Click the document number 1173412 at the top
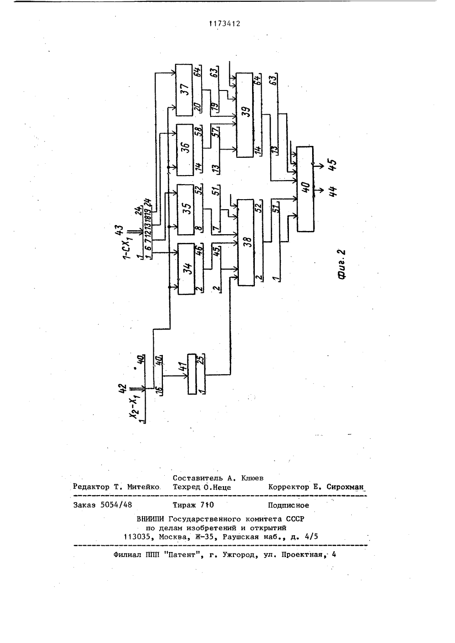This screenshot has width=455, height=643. [225, 24]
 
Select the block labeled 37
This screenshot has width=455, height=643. [184, 90]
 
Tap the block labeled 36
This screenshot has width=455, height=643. [184, 150]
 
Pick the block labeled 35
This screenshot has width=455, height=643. [186, 210]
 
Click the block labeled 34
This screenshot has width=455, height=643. [186, 269]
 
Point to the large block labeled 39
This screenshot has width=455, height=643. [245, 115]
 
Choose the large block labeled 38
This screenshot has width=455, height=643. [246, 242]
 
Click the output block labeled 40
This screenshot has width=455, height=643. [305, 189]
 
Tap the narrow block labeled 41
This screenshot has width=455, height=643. [192, 374]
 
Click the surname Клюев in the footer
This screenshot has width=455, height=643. [253, 478]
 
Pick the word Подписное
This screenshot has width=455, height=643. [288, 505]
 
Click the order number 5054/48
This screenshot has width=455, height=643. [116, 505]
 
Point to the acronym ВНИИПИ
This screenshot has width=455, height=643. [151, 519]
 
